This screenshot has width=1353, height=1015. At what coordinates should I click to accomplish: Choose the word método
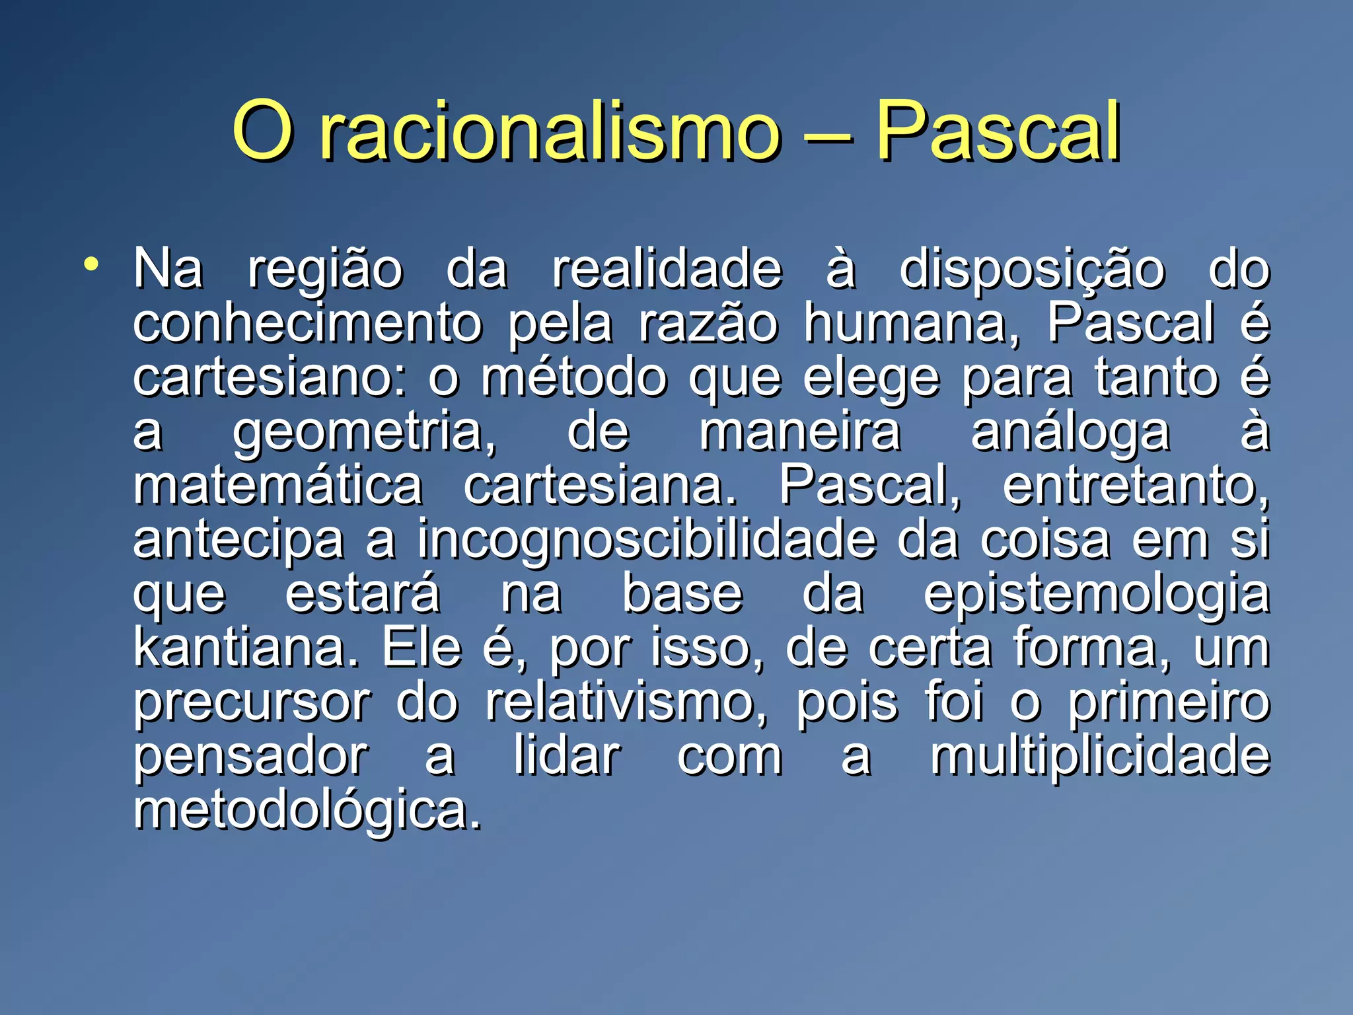point(573,377)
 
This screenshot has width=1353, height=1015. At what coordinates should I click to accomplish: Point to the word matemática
point(278,486)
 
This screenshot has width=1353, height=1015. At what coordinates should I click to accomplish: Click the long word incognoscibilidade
point(646,540)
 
